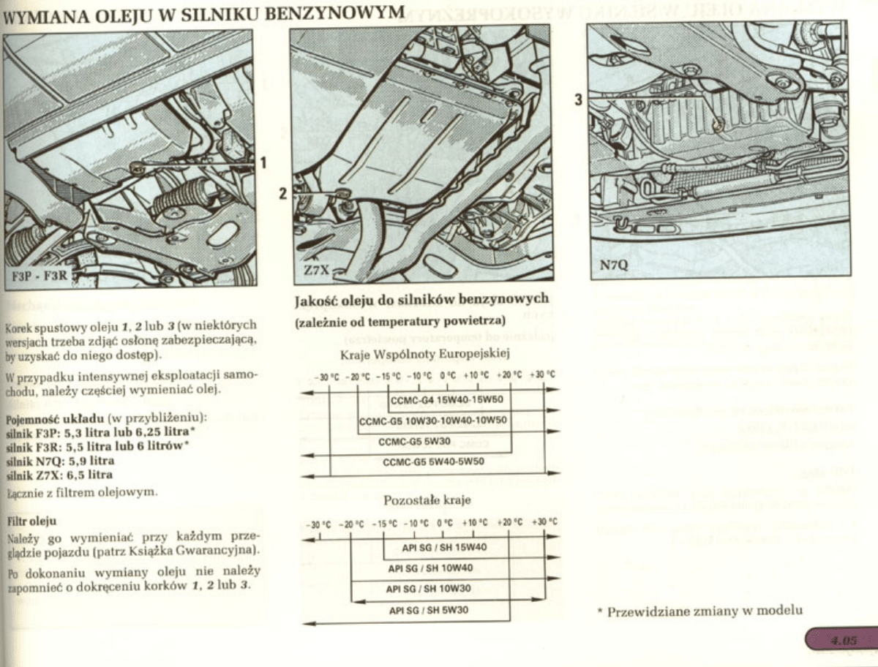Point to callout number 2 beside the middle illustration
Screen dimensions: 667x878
pos(282,195)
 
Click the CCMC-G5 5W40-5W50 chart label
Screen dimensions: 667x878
pos(433,462)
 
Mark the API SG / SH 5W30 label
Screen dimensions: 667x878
pos(428,609)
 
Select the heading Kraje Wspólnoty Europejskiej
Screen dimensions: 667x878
pos(425,354)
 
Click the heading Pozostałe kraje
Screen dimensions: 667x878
pos(427,501)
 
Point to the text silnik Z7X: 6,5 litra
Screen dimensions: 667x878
pos(59,474)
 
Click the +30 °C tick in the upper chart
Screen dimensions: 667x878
pos(542,376)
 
